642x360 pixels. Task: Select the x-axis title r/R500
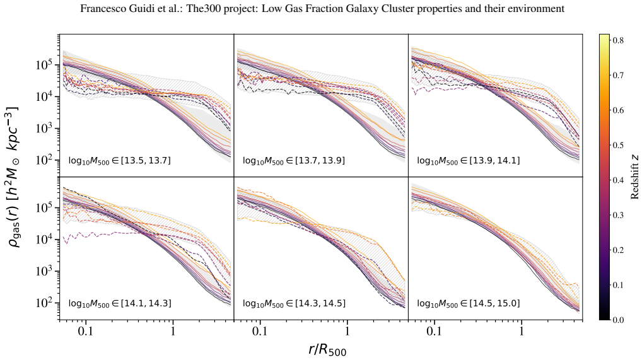point(327,350)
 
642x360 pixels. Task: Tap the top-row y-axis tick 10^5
point(49,65)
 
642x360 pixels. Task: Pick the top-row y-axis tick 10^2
point(49,160)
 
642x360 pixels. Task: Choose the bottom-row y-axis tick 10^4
point(49,240)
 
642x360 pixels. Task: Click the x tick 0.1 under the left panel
point(86,330)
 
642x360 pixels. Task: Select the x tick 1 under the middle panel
point(347,330)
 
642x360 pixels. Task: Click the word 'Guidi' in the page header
point(129,9)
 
